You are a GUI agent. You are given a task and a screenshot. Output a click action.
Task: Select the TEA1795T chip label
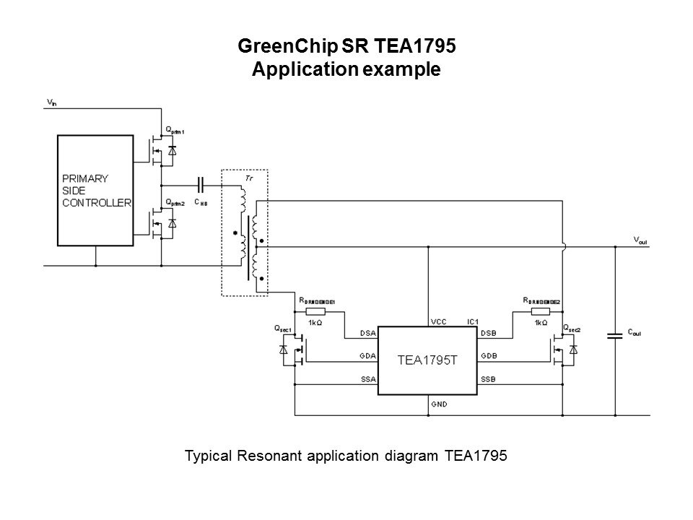point(429,360)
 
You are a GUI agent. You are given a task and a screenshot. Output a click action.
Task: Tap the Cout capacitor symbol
point(615,335)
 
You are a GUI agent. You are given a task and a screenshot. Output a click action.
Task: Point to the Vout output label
point(640,240)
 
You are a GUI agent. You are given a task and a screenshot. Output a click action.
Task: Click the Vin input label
point(51,103)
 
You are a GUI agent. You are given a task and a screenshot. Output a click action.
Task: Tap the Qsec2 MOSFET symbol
point(562,352)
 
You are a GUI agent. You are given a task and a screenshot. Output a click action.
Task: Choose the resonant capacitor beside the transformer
point(201,185)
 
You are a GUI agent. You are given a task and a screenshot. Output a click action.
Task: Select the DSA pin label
point(368,333)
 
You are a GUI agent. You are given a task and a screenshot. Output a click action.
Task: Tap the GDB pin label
point(489,357)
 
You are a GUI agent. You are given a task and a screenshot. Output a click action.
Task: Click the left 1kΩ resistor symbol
point(315,311)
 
